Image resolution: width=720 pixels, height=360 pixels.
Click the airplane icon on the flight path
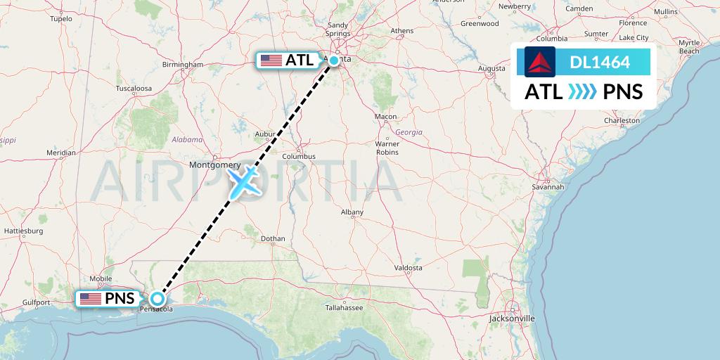coord(243,181)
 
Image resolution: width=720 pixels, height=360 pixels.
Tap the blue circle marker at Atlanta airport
coord(335,60)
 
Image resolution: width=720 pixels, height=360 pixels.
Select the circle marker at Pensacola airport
coord(157,298)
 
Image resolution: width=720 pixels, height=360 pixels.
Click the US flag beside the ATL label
coord(271,60)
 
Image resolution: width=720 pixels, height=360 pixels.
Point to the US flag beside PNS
coord(90,299)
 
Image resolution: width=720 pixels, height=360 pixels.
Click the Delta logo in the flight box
coord(540,62)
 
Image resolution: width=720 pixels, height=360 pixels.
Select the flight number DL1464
coord(600,63)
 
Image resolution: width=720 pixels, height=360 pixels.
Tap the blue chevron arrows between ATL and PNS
coord(581,91)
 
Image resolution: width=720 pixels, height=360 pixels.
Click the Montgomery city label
coord(215,165)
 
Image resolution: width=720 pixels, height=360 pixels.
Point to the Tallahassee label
coord(344,308)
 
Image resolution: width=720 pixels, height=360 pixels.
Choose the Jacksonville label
coord(513,319)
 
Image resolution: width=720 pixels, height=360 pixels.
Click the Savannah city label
coord(548,187)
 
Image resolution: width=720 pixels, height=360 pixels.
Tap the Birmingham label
coord(182,65)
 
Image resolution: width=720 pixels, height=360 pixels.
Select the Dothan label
coord(272,239)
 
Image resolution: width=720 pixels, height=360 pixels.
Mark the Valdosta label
coord(408,268)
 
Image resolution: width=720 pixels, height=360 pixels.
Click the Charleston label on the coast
coord(622,120)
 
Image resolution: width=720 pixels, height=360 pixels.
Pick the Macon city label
coord(385,117)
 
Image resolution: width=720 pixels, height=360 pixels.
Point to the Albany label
coord(352,212)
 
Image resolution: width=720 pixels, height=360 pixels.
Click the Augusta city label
coord(491,68)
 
